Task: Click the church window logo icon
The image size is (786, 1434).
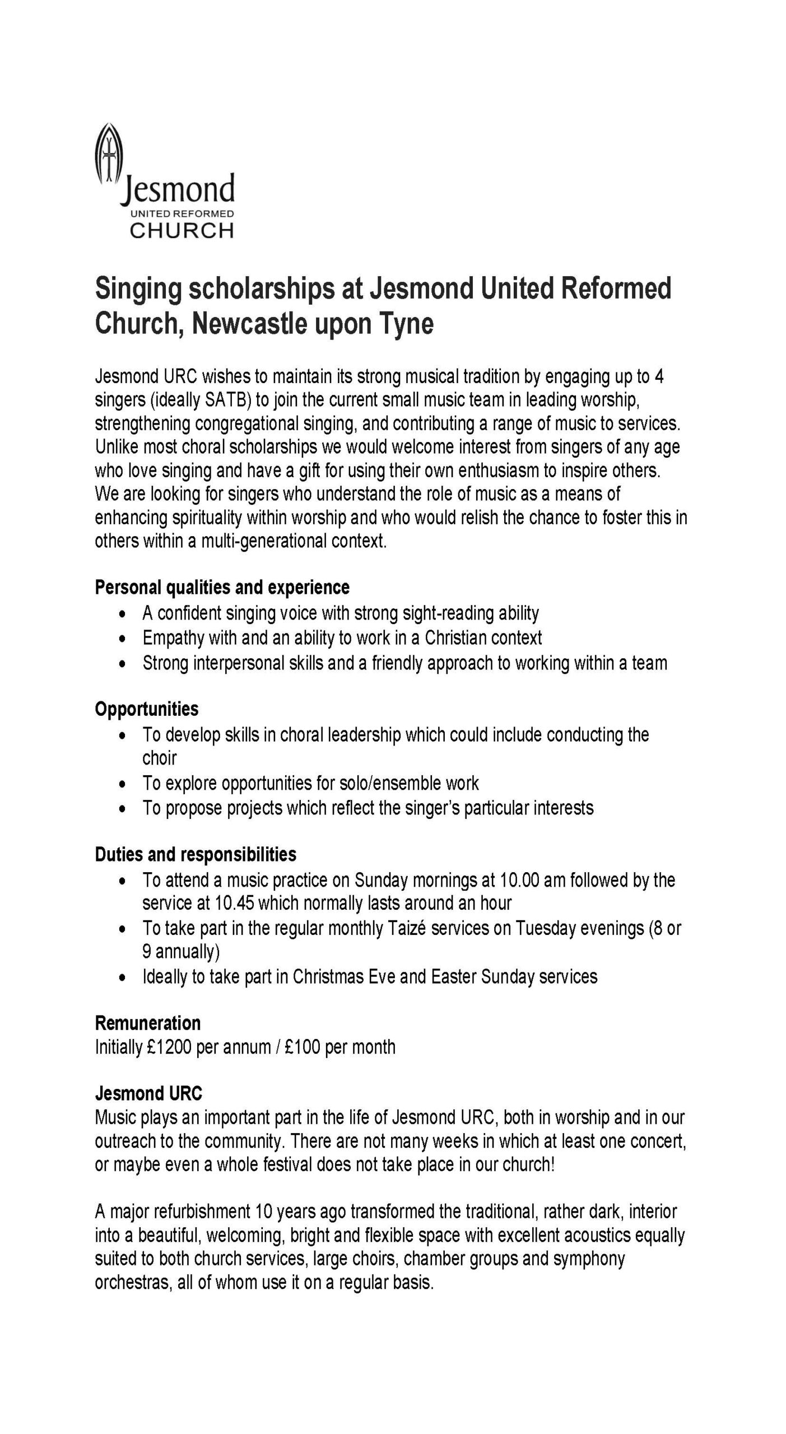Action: point(108,154)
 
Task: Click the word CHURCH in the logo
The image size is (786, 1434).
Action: point(182,230)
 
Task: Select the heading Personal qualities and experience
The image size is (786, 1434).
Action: point(222,587)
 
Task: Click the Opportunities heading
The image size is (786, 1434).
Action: point(147,709)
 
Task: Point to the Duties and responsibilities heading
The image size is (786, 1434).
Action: point(196,854)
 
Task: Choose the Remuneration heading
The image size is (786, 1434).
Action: point(147,1023)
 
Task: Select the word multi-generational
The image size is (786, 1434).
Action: point(263,541)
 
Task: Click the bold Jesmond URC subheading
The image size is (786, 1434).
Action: point(148,1093)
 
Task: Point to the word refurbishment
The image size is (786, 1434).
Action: point(193,1212)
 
